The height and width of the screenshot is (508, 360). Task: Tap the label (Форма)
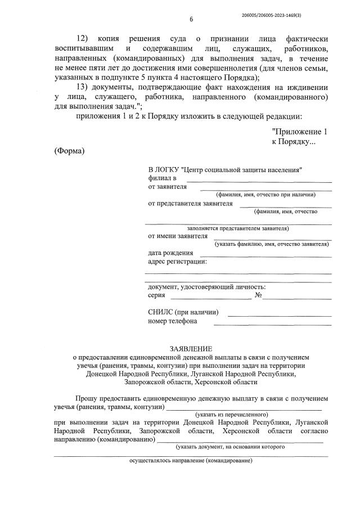[69, 151]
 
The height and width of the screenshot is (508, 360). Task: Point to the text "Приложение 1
[299, 131]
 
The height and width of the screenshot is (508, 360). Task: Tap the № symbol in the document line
[259, 295]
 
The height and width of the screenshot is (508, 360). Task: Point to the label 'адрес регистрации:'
[178, 262]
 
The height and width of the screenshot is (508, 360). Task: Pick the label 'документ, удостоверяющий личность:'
[207, 287]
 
